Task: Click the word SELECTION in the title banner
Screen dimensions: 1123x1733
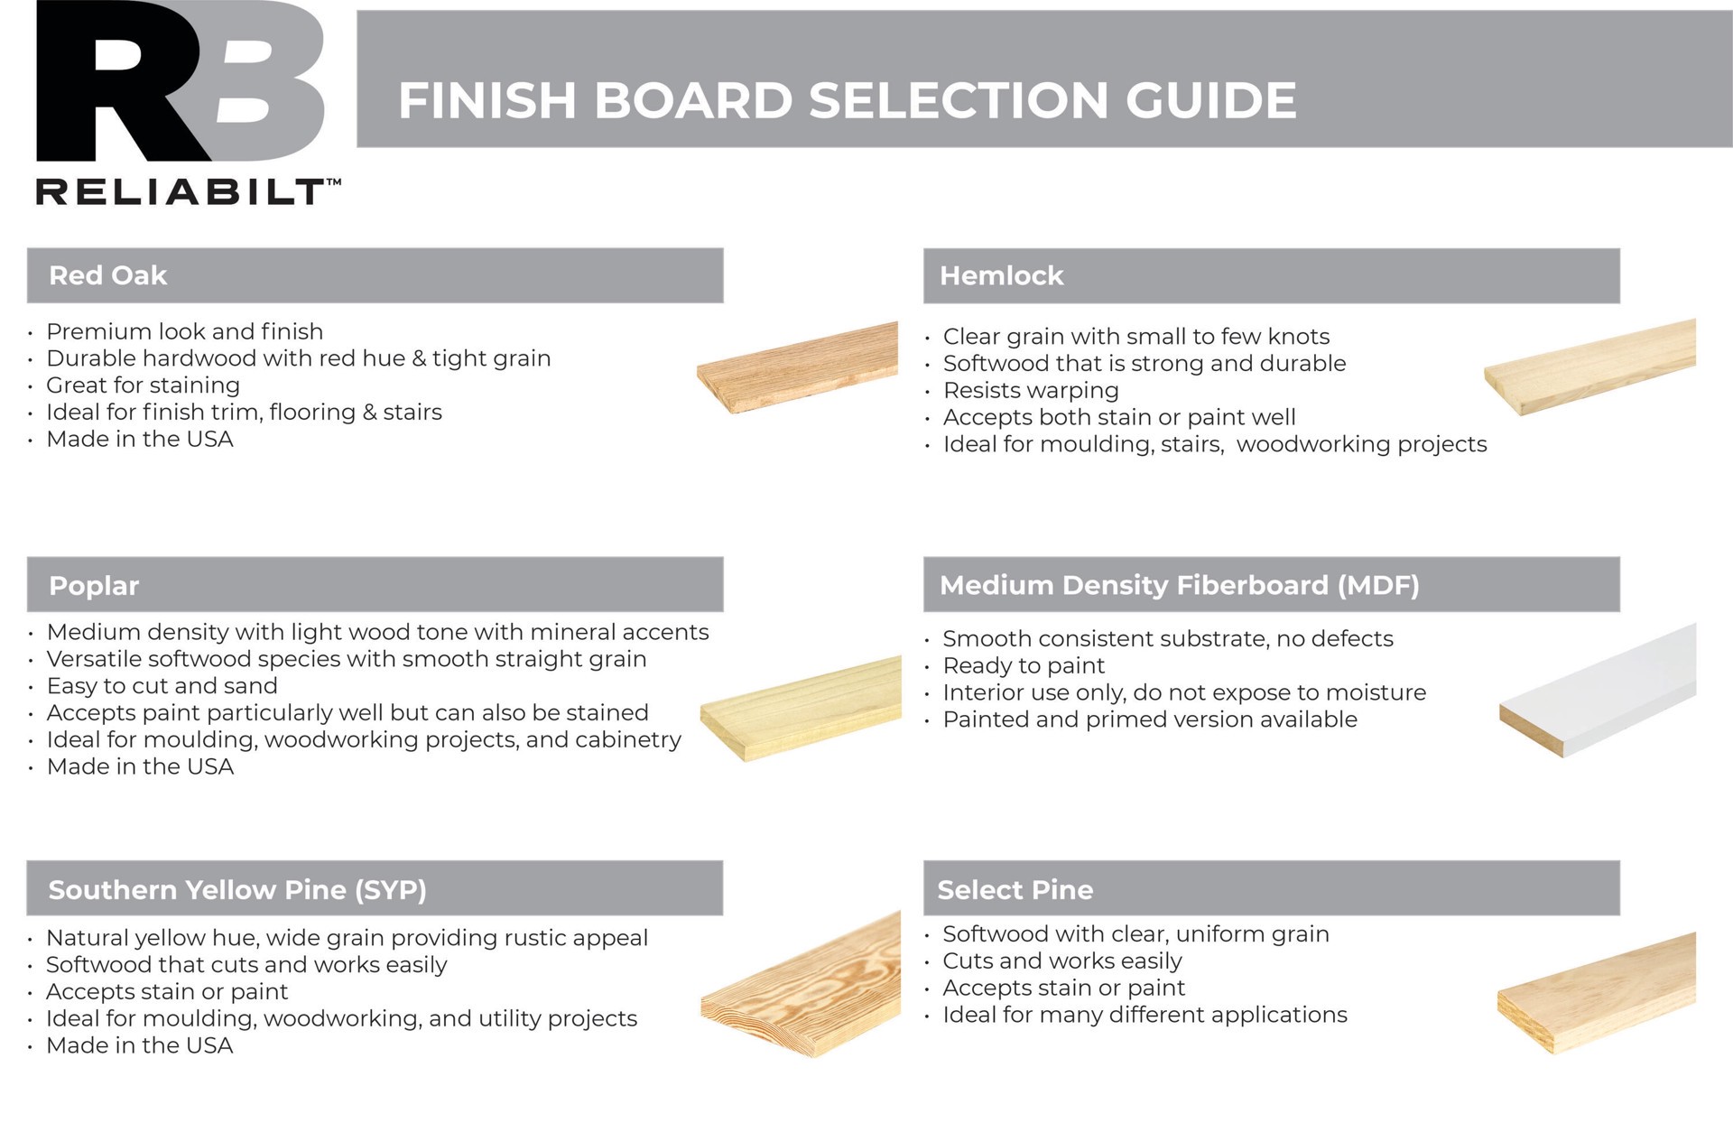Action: click(x=959, y=100)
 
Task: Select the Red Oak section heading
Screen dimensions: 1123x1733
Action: click(x=108, y=275)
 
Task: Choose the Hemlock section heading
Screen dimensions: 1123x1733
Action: click(x=1001, y=275)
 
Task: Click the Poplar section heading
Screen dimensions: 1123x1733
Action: click(x=94, y=585)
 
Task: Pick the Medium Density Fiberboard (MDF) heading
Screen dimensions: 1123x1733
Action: click(x=1179, y=585)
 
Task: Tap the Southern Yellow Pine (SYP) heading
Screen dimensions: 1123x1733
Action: click(x=237, y=889)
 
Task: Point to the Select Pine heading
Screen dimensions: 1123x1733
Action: click(x=1015, y=889)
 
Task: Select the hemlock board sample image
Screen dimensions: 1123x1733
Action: click(x=1590, y=367)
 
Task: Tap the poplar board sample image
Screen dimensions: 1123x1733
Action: click(x=801, y=708)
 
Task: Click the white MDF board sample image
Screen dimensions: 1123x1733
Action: click(x=1599, y=691)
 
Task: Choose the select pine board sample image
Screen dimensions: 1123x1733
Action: click(x=1597, y=993)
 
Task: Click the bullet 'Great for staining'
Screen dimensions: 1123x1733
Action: click(x=143, y=385)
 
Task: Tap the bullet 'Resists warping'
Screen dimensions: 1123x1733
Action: click(x=1031, y=390)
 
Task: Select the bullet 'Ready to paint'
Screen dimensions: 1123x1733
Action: click(x=1024, y=665)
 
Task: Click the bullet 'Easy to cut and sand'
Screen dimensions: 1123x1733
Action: click(x=162, y=686)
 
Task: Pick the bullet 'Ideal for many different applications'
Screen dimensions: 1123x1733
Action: click(x=1145, y=1015)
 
